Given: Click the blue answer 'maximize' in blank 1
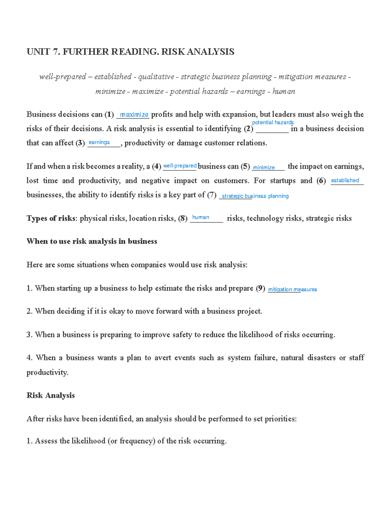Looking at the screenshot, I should (x=134, y=115).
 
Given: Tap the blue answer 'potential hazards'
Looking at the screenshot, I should (x=273, y=123).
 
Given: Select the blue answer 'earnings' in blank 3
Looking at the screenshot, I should (x=99, y=142).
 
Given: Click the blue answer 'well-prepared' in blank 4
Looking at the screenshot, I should (x=180, y=166).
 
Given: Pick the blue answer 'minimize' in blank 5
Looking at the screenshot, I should (x=264, y=167).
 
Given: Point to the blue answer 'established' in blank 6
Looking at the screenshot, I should (x=345, y=180).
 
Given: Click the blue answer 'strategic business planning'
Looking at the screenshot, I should (x=255, y=196).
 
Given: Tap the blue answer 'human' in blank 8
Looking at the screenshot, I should (x=200, y=217).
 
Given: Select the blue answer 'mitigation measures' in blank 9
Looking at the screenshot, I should (x=292, y=289).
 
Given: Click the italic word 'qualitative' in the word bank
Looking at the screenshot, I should (x=156, y=77).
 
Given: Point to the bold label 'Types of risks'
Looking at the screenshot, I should (x=51, y=218).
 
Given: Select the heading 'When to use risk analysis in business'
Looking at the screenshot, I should (x=92, y=241).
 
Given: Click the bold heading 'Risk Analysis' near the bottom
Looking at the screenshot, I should (x=51, y=396).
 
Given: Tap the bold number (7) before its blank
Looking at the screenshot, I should (x=211, y=195).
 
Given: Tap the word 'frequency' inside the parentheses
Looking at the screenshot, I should (x=137, y=441).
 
